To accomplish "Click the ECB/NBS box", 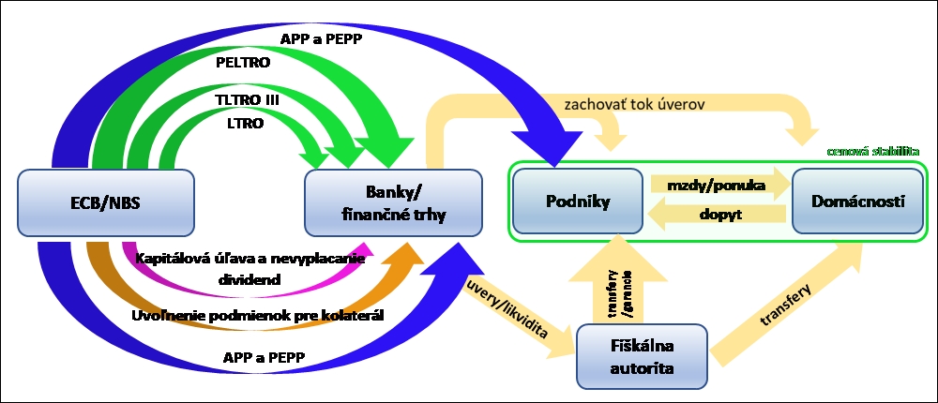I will [105, 202].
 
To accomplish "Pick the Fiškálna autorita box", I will [641, 355].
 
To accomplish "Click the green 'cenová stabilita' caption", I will [870, 150].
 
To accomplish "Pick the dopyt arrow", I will [719, 214].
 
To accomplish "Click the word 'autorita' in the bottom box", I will [641, 368].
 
